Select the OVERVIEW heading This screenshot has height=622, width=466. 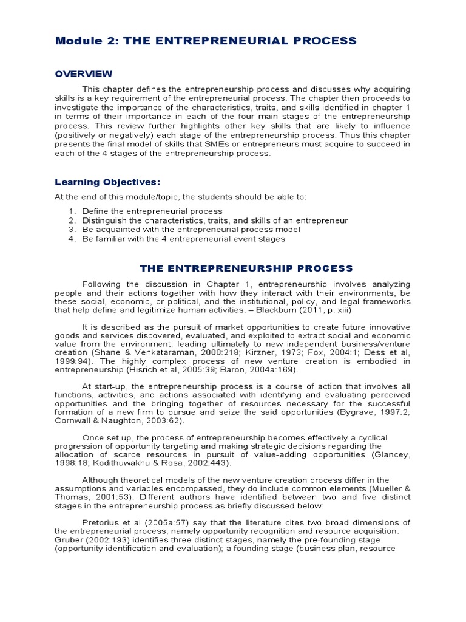click(x=84, y=73)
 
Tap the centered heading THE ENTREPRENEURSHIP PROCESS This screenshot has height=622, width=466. click(x=246, y=267)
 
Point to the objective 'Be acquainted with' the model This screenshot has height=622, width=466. click(x=191, y=230)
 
